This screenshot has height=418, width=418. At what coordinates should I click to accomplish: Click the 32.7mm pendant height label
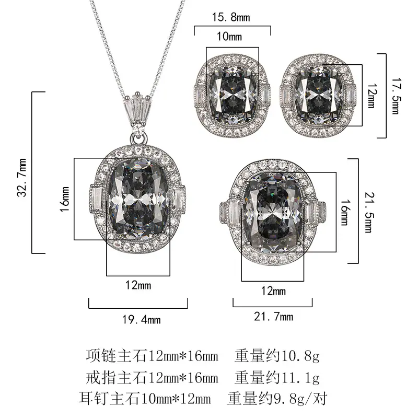pos(21,178)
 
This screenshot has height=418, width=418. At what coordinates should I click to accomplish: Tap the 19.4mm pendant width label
pos(141,320)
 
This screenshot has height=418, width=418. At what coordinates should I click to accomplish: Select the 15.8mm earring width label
pos(231,17)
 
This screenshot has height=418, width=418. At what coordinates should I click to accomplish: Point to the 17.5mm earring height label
pos(396,96)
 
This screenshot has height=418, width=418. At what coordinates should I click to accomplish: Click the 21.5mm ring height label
pos(369,213)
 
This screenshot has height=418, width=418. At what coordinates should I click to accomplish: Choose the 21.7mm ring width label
pos(273,317)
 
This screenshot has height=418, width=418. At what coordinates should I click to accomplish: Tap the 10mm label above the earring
pos(229,37)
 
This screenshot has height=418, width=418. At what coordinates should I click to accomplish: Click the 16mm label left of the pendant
pos(64,200)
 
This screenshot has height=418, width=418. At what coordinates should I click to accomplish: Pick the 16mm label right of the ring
pos(344,213)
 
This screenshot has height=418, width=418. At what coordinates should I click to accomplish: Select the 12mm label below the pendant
pos(138,285)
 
